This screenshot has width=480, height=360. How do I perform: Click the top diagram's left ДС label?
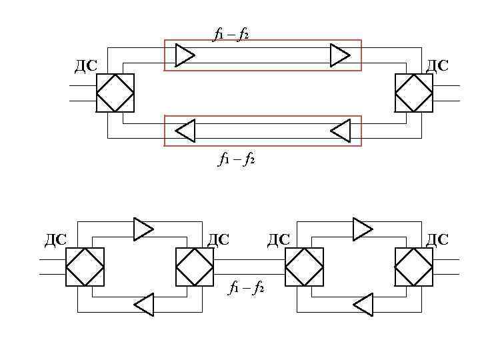(86, 65)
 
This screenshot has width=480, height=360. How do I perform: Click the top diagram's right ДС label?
(437, 65)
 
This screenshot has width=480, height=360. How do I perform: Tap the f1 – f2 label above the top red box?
(231, 33)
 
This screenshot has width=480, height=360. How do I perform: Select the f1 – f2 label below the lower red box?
(237, 159)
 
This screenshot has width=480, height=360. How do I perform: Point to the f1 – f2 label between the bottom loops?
(247, 287)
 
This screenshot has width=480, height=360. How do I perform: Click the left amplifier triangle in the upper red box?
(184, 55)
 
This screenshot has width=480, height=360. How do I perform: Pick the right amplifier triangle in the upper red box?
(340, 55)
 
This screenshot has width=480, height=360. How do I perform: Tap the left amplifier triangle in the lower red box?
(185, 130)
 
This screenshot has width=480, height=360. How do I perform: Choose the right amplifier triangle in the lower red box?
(341, 130)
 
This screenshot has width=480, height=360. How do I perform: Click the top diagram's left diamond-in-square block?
(115, 93)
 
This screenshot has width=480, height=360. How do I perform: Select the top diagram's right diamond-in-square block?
(413, 93)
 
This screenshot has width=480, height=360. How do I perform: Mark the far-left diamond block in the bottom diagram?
(85, 267)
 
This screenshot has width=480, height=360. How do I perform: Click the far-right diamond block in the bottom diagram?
(413, 267)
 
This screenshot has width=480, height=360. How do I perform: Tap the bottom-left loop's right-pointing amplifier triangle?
(143, 229)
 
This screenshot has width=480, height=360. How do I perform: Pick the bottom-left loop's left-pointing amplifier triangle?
(144, 304)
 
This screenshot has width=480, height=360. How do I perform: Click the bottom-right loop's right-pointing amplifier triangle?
(362, 229)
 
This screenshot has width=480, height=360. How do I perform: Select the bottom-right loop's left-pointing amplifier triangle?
(363, 304)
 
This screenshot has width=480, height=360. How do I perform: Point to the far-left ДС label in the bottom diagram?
(56, 239)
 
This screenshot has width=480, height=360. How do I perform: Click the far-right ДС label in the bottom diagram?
(437, 239)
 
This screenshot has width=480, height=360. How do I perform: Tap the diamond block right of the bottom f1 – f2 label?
(304, 267)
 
